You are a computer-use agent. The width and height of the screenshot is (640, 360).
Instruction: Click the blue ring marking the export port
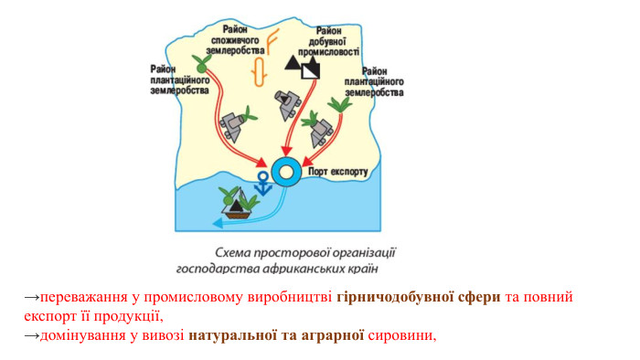(286, 171)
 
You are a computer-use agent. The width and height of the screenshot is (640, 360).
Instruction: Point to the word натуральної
(230, 336)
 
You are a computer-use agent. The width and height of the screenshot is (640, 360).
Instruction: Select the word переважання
(80, 298)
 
